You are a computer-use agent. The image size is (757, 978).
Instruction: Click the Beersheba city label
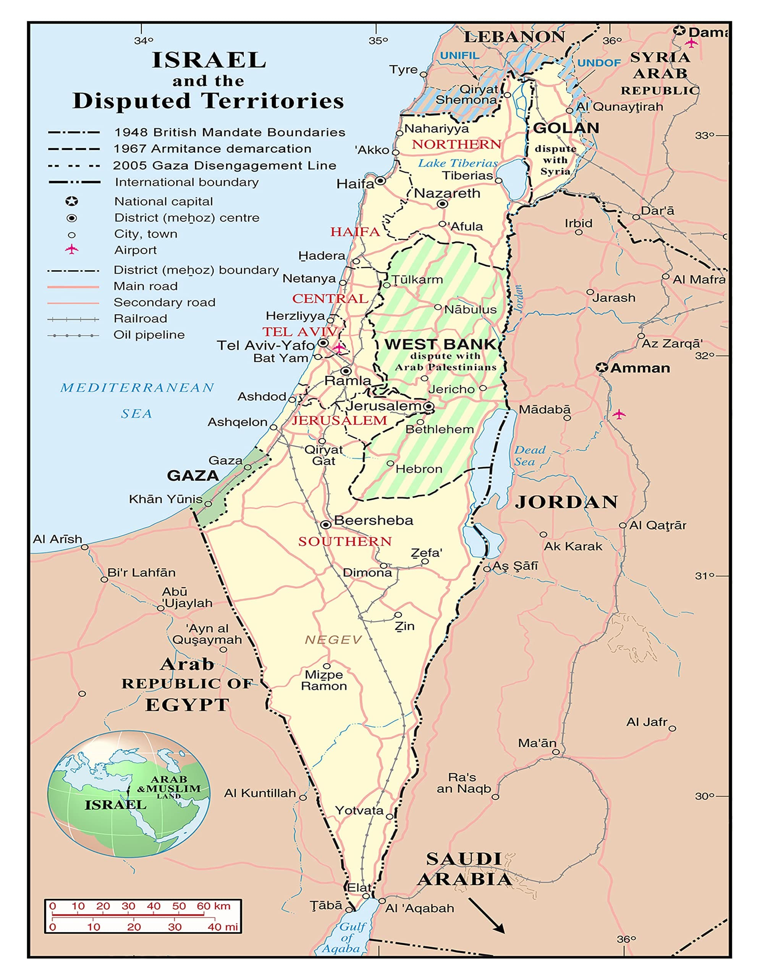point(374,520)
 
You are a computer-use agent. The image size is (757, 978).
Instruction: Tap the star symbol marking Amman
point(602,368)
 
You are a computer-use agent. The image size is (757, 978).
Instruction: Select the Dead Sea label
point(530,455)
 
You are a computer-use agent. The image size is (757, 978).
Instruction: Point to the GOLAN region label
point(566,128)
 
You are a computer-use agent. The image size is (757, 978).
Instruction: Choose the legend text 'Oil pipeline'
point(149,335)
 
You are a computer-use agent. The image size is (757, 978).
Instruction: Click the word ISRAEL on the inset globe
point(115,805)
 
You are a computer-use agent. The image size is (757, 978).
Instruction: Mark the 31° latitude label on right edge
point(705,576)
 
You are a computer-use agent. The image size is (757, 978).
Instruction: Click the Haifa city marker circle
point(380,180)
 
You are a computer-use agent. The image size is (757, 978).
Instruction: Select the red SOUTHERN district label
point(345,541)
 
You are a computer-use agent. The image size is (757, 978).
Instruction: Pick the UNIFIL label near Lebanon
point(459,55)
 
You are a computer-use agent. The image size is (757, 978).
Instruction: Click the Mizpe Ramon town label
point(324,680)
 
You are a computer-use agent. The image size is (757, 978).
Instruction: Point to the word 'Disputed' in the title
point(132,101)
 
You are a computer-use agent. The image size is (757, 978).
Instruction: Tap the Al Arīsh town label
point(57,539)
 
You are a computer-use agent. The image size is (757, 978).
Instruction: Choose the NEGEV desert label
point(333,640)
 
